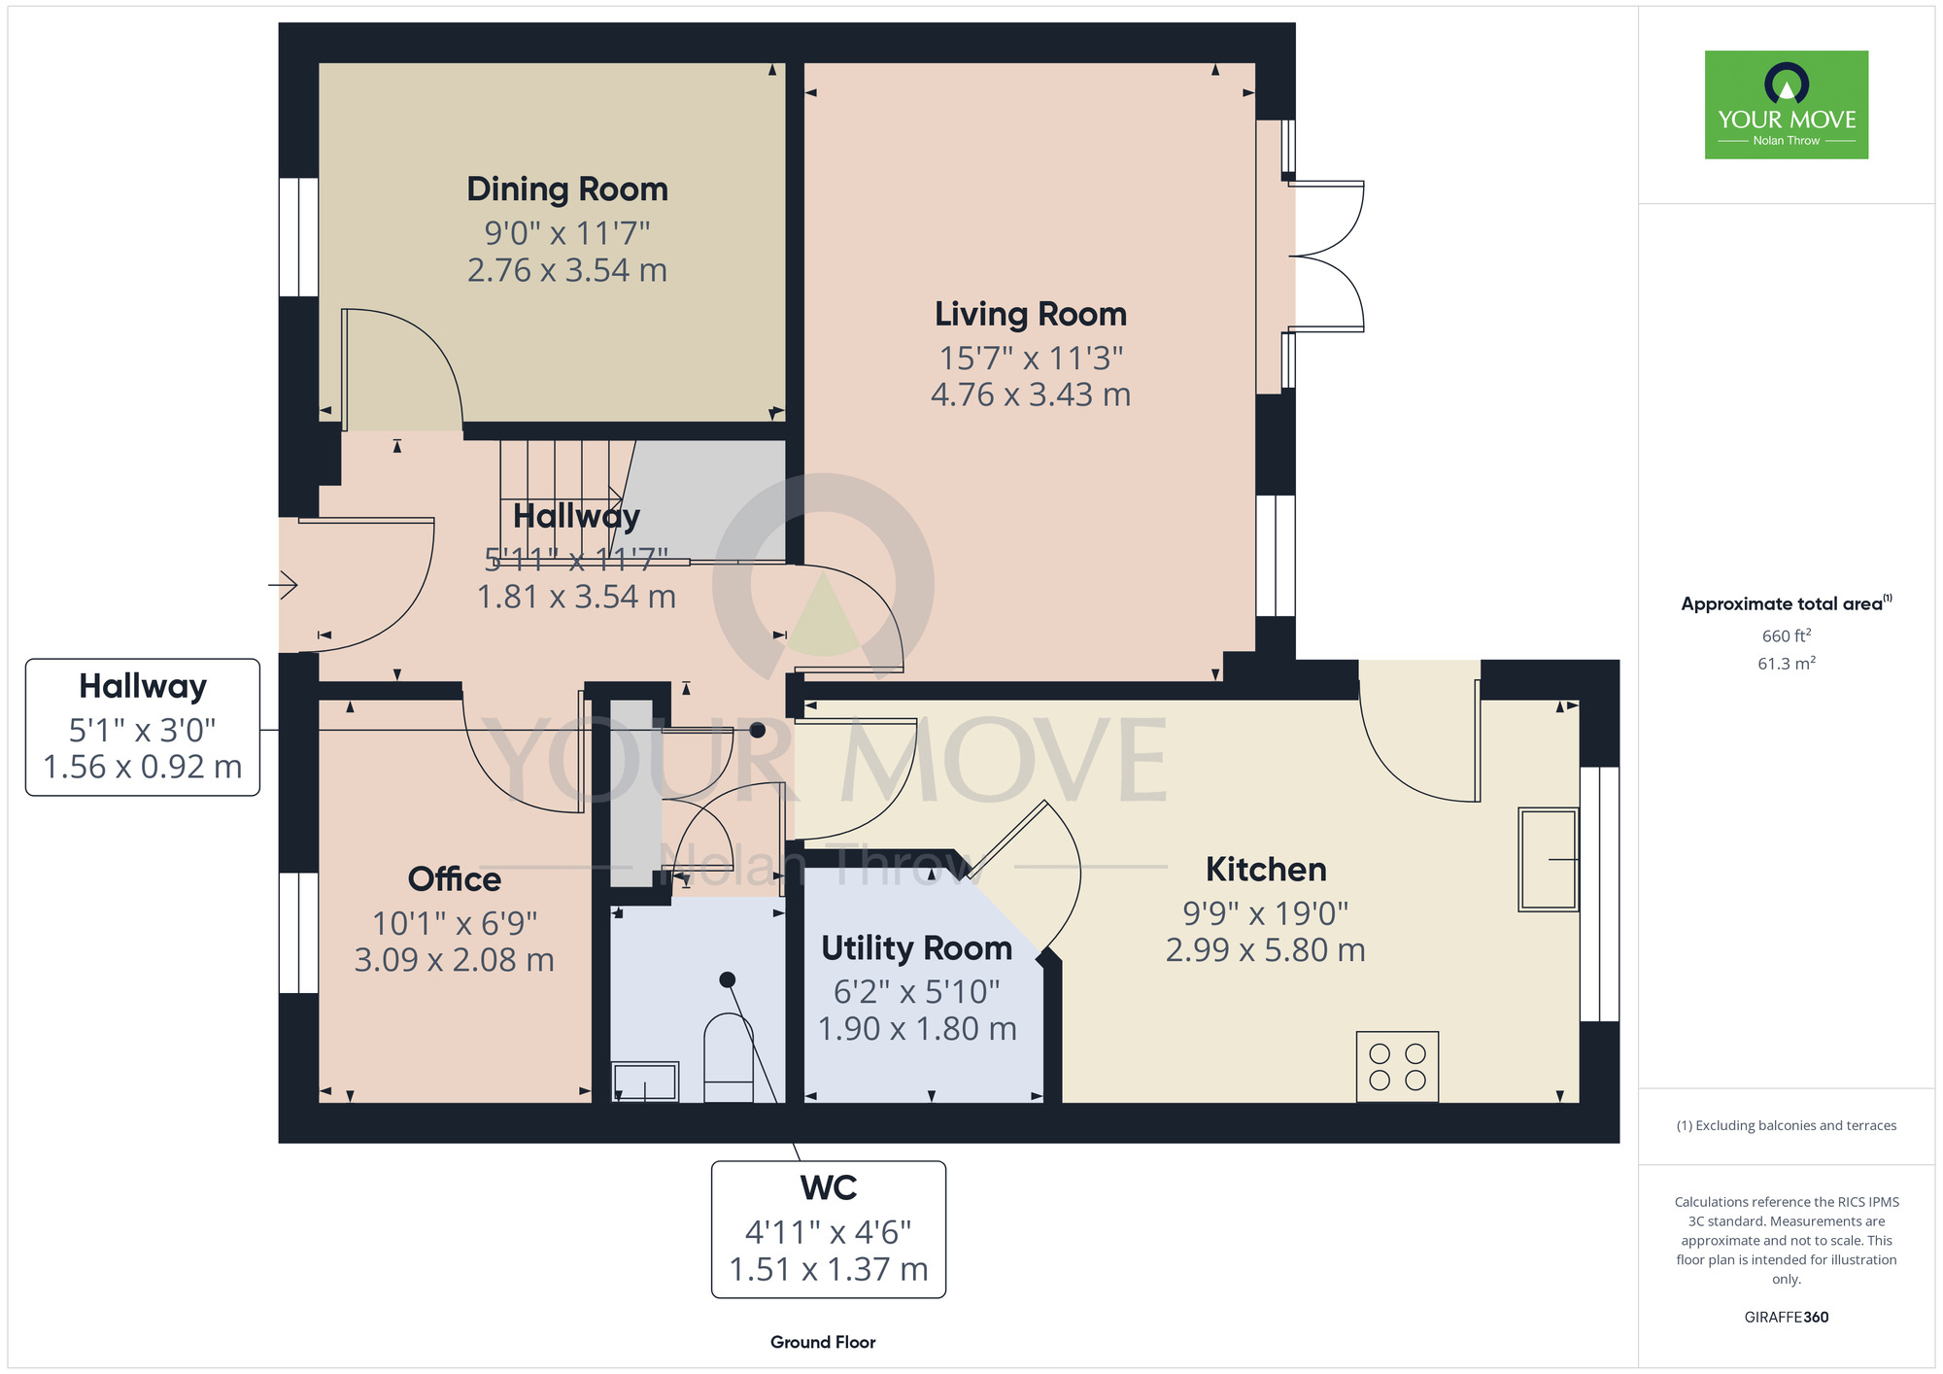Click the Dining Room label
567,189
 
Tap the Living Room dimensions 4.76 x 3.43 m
1031,395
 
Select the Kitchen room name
1266,870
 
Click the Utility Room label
917,948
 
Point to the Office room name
455,879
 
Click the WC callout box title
829,1188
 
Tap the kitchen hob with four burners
1397,1066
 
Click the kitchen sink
1549,859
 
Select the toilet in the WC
728,1057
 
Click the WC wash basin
645,1082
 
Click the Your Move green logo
1787,105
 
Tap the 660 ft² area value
1787,636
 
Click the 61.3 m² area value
1787,664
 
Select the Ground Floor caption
823,1342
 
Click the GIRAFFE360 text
1787,1318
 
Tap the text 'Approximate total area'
1782,604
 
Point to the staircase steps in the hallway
561,500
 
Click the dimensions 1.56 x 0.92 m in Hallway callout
143,767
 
